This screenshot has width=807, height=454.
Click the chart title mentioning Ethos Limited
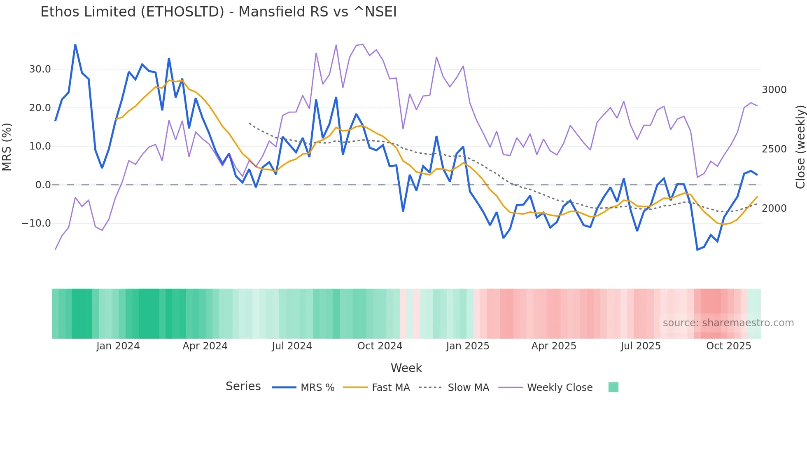218,12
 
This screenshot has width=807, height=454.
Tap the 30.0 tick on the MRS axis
40,69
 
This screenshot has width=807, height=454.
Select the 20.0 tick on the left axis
40,108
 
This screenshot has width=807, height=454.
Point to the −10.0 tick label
36,223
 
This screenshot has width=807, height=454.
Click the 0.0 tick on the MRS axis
43,185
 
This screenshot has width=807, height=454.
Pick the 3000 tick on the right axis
774,90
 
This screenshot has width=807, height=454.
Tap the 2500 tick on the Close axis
774,149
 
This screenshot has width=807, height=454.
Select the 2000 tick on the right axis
774,208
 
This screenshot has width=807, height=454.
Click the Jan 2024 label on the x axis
118,346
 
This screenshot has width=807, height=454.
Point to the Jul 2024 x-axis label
292,346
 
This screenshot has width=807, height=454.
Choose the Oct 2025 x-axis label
728,346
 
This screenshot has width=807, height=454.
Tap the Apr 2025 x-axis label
553,346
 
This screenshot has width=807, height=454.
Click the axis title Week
406,368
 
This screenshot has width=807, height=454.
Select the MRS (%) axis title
7,147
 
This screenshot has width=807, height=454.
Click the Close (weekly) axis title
800,147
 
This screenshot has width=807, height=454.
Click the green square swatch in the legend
613,387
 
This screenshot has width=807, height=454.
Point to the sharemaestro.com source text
728,323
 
